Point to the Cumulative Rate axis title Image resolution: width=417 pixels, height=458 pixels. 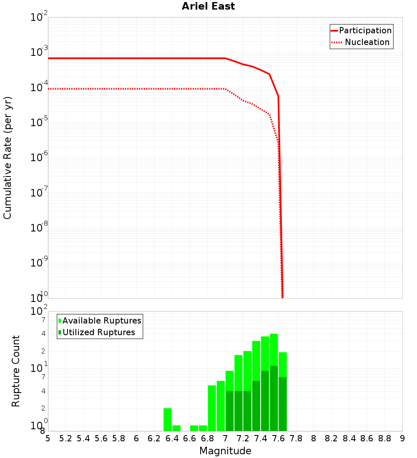coord(8,158)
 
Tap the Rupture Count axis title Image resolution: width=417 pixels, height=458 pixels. coord(16,371)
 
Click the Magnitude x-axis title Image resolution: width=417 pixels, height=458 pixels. coord(225,451)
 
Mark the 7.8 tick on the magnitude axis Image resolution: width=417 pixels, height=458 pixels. coord(296,438)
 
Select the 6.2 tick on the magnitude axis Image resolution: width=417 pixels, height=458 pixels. coord(154,438)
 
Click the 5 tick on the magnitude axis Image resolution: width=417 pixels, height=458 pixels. coord(48,438)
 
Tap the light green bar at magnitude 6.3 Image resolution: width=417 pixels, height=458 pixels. coord(168,419)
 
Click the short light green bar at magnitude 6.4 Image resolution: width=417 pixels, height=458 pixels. coord(176,428)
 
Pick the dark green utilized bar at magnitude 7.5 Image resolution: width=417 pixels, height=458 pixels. coord(274,398)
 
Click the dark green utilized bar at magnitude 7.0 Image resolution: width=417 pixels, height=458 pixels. coord(229,411)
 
